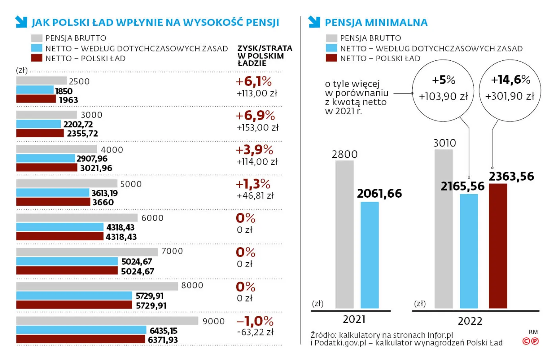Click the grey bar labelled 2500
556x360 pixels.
[x=41, y=81]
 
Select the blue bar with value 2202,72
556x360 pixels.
[x=39, y=124]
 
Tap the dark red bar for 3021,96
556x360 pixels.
[x=46, y=167]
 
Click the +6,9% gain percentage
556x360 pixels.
[x=255, y=116]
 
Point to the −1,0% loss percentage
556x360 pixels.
[x=255, y=321]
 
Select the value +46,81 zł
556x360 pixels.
[x=255, y=196]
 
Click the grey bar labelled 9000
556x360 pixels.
[x=107, y=320]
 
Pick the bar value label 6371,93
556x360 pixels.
[x=163, y=340]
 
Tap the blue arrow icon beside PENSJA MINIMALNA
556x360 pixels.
[x=314, y=22]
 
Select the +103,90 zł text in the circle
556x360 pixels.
[x=443, y=96]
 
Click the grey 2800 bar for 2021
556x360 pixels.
[x=344, y=234]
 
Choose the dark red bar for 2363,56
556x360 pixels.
[x=498, y=246]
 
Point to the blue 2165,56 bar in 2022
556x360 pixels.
[x=469, y=251]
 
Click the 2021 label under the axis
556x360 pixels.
[x=354, y=319]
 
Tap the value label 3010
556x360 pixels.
[x=444, y=143]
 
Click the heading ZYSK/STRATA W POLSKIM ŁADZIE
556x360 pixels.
[x=264, y=56]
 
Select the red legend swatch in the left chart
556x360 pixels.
[x=37, y=58]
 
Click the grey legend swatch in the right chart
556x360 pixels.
[x=331, y=38]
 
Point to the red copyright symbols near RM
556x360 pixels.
[x=531, y=341]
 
